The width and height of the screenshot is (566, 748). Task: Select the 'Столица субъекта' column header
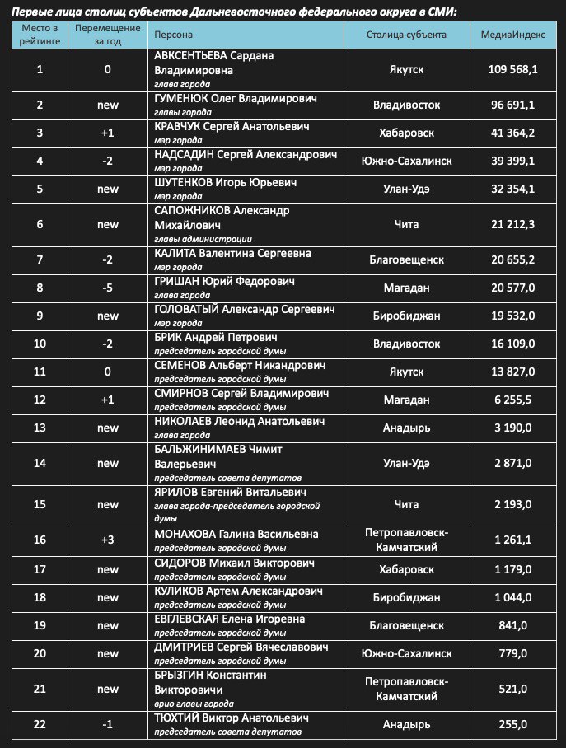[406, 35]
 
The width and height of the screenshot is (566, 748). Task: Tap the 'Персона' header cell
[174, 35]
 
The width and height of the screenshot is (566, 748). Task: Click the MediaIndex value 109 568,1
[512, 69]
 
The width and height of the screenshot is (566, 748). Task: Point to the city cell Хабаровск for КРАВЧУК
[406, 133]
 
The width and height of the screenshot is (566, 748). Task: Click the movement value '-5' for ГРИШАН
[107, 288]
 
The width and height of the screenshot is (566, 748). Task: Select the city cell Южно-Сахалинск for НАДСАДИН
[406, 161]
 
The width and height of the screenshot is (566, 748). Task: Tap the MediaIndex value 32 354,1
[512, 189]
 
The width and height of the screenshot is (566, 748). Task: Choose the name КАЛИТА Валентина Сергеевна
[233, 253]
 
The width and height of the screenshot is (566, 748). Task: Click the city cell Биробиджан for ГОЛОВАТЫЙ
[406, 316]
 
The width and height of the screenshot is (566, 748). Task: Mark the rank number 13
[40, 427]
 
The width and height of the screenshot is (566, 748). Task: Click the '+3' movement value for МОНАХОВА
[107, 540]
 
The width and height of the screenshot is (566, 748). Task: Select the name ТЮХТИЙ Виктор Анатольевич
[232, 718]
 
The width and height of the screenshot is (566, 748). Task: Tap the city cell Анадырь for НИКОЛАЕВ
[406, 427]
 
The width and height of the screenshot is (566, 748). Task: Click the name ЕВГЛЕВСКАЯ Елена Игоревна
[230, 619]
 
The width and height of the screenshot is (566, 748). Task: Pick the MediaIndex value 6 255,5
[512, 400]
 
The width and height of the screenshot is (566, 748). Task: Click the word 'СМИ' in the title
[441, 11]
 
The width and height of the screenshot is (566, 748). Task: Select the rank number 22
[40, 724]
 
